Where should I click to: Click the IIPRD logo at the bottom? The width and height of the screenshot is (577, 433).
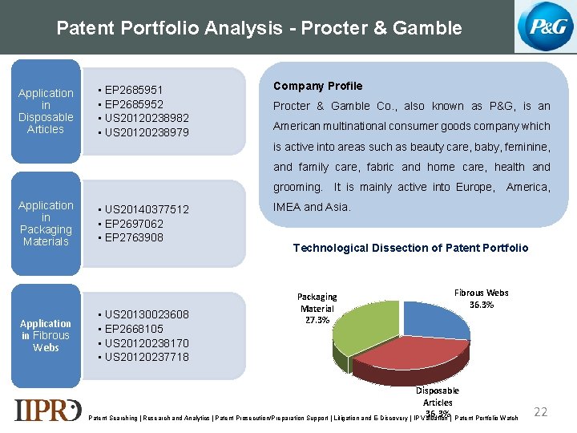[x=47, y=409]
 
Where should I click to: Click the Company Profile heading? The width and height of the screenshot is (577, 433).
[x=318, y=86]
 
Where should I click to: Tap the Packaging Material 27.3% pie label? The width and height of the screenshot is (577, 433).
[x=317, y=308]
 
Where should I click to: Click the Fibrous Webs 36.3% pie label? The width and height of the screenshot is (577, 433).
[x=481, y=298]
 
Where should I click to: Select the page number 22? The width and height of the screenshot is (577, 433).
[x=541, y=411]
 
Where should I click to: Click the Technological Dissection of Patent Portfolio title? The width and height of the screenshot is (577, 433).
[x=410, y=248]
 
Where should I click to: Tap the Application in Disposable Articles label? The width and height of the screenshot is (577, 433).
[x=46, y=111]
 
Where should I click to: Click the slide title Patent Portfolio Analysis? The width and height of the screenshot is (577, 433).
[x=259, y=28]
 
